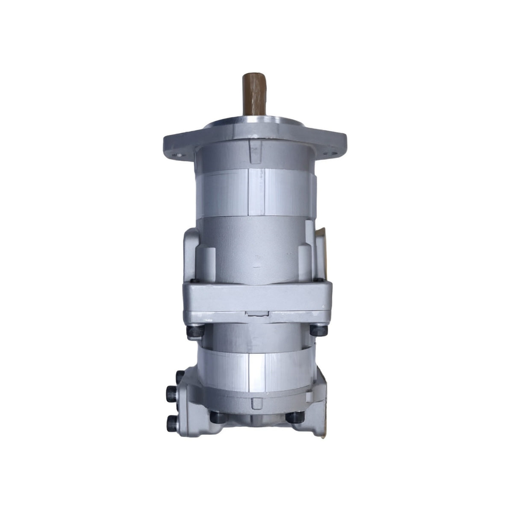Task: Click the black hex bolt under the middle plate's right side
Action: pyautogui.click(x=318, y=330)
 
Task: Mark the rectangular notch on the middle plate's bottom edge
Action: pyautogui.click(x=257, y=314)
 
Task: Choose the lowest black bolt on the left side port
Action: pyautogui.click(x=173, y=423)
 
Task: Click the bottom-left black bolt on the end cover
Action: pyautogui.click(x=217, y=417)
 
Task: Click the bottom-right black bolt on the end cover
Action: pyautogui.click(x=295, y=417)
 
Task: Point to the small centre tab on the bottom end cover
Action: pyautogui.click(x=257, y=403)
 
